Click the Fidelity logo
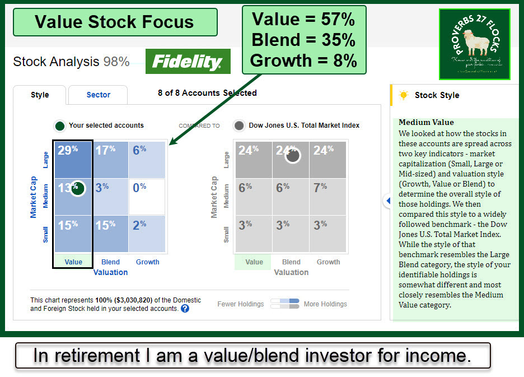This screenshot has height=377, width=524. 188,61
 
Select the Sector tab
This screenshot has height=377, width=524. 98,95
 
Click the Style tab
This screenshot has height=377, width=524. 40,95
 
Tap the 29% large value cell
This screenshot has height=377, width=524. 72,159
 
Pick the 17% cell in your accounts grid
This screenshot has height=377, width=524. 110,159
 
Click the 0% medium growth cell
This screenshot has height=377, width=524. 147,196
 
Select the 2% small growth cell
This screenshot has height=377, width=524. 147,233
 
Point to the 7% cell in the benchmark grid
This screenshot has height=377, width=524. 328,196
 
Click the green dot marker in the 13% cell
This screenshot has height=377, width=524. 78,189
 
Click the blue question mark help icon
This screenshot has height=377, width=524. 185,308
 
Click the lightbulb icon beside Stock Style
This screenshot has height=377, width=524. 403,95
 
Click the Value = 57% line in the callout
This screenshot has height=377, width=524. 303,20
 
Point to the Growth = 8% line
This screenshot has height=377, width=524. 303,60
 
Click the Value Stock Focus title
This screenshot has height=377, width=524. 114,22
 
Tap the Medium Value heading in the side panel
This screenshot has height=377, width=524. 426,122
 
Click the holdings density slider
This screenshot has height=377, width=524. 284,304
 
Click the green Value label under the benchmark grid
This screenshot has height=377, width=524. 254,262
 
